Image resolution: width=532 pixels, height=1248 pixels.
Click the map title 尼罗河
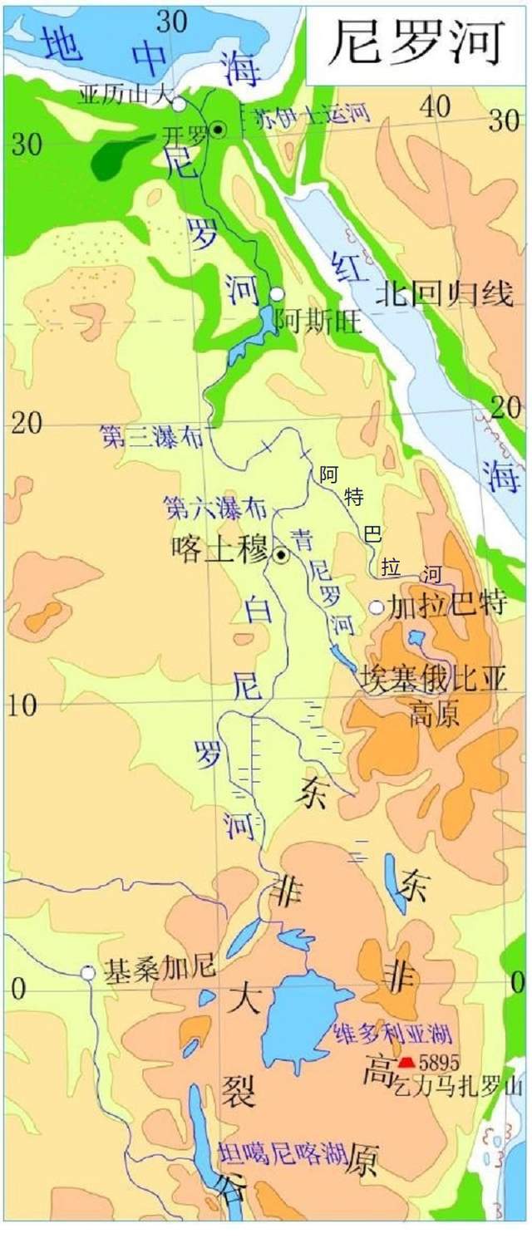(416, 42)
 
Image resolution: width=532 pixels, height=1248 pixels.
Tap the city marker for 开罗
(218, 129)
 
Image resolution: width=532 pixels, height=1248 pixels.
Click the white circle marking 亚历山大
(179, 104)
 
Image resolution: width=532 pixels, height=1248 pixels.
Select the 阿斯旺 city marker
(277, 294)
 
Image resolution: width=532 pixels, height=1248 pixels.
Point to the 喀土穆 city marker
(281, 555)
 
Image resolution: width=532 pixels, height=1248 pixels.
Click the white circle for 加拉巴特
(377, 607)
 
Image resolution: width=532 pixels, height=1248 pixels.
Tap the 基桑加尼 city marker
(87, 972)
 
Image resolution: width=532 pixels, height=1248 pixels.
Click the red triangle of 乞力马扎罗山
(406, 1062)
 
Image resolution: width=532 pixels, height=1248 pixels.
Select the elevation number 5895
(439, 1062)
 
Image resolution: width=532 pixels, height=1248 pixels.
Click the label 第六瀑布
(204, 504)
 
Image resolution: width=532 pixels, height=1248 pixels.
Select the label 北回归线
(444, 293)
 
